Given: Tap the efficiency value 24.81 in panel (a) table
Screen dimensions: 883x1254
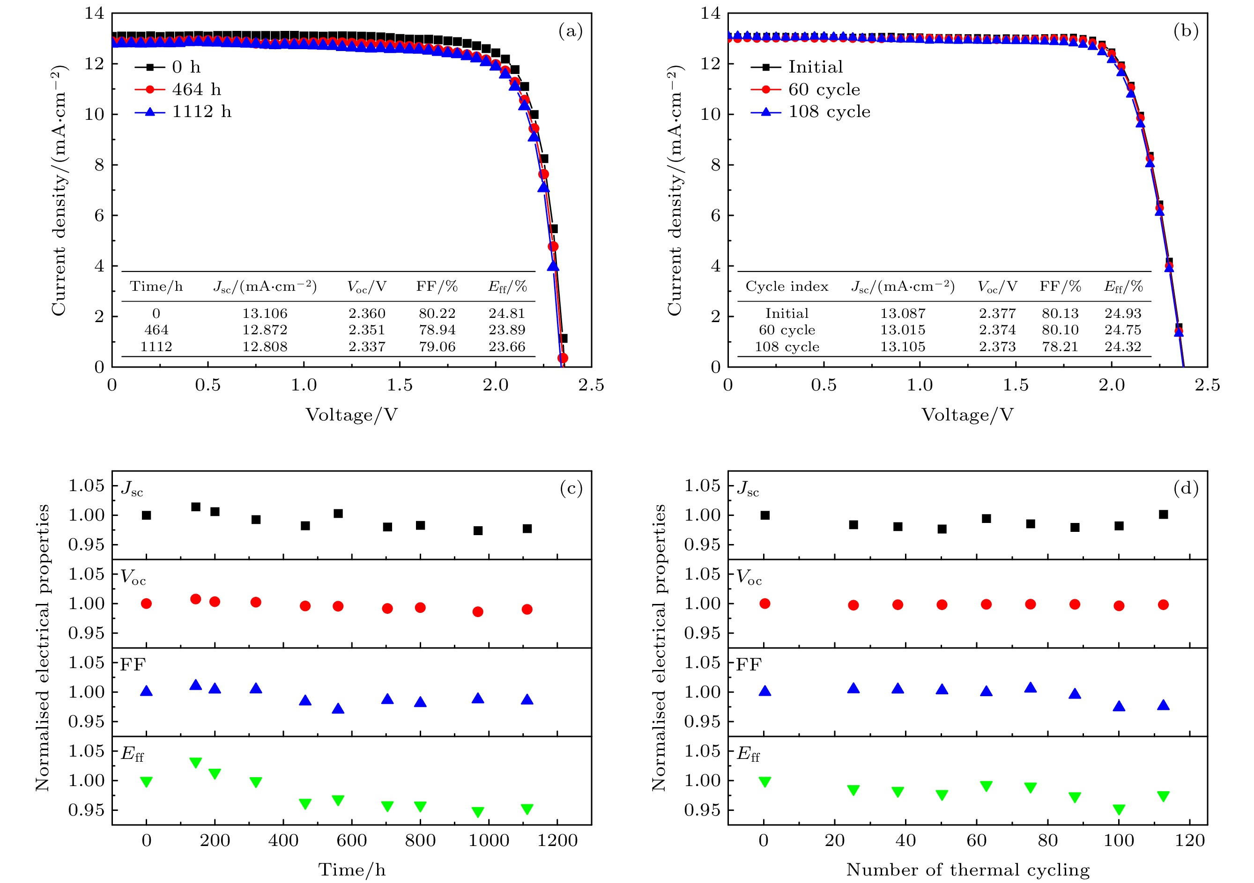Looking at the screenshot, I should pos(506,313).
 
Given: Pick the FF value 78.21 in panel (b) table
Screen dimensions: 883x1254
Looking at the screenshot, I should pos(1060,346).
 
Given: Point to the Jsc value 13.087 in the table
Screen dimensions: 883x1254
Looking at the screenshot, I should pos(902,313).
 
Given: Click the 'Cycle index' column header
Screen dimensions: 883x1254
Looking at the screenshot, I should pos(787,287).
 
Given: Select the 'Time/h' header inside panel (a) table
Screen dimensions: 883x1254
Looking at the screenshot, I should pos(156,287).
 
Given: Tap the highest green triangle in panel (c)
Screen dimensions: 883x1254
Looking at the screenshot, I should pos(195,762).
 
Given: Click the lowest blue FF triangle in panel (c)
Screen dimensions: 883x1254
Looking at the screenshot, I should pos(338,709).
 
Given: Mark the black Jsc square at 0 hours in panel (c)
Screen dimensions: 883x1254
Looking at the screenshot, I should pos(146,515).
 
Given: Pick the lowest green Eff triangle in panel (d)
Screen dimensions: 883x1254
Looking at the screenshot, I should pos(1119,809).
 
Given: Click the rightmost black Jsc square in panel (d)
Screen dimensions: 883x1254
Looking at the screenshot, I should pos(1163,515).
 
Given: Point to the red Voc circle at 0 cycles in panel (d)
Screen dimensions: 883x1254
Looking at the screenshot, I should pos(764,603).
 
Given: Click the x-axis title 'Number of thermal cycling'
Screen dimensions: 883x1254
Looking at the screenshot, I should pos(967,869).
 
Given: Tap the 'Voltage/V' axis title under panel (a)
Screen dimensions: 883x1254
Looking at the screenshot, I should pos(351,415).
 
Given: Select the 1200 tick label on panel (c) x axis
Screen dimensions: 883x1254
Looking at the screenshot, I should pos(557,840).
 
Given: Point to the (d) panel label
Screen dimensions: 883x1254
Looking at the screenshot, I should pos(1186,488).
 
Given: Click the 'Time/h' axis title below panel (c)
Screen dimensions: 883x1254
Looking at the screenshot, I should pos(351,869).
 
